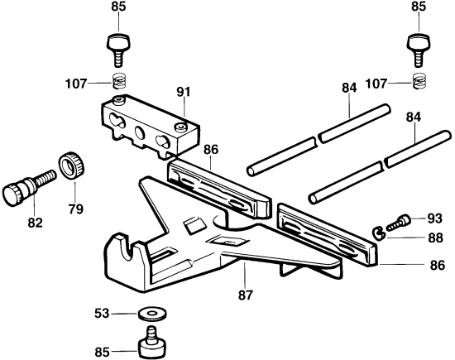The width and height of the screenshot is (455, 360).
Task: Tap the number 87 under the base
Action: [x=247, y=294]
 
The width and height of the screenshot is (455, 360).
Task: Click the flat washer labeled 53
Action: [x=151, y=314]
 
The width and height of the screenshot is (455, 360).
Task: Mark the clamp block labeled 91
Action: [x=147, y=122]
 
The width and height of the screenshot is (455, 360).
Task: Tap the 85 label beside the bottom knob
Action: [x=103, y=352]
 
